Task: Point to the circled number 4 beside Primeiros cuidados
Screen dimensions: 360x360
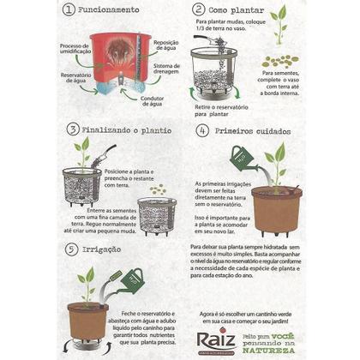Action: [x=202, y=131]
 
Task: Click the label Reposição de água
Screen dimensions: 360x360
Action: [x=166, y=45]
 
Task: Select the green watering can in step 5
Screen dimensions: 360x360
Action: [x=129, y=279]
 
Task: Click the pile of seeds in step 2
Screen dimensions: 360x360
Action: [x=279, y=61]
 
